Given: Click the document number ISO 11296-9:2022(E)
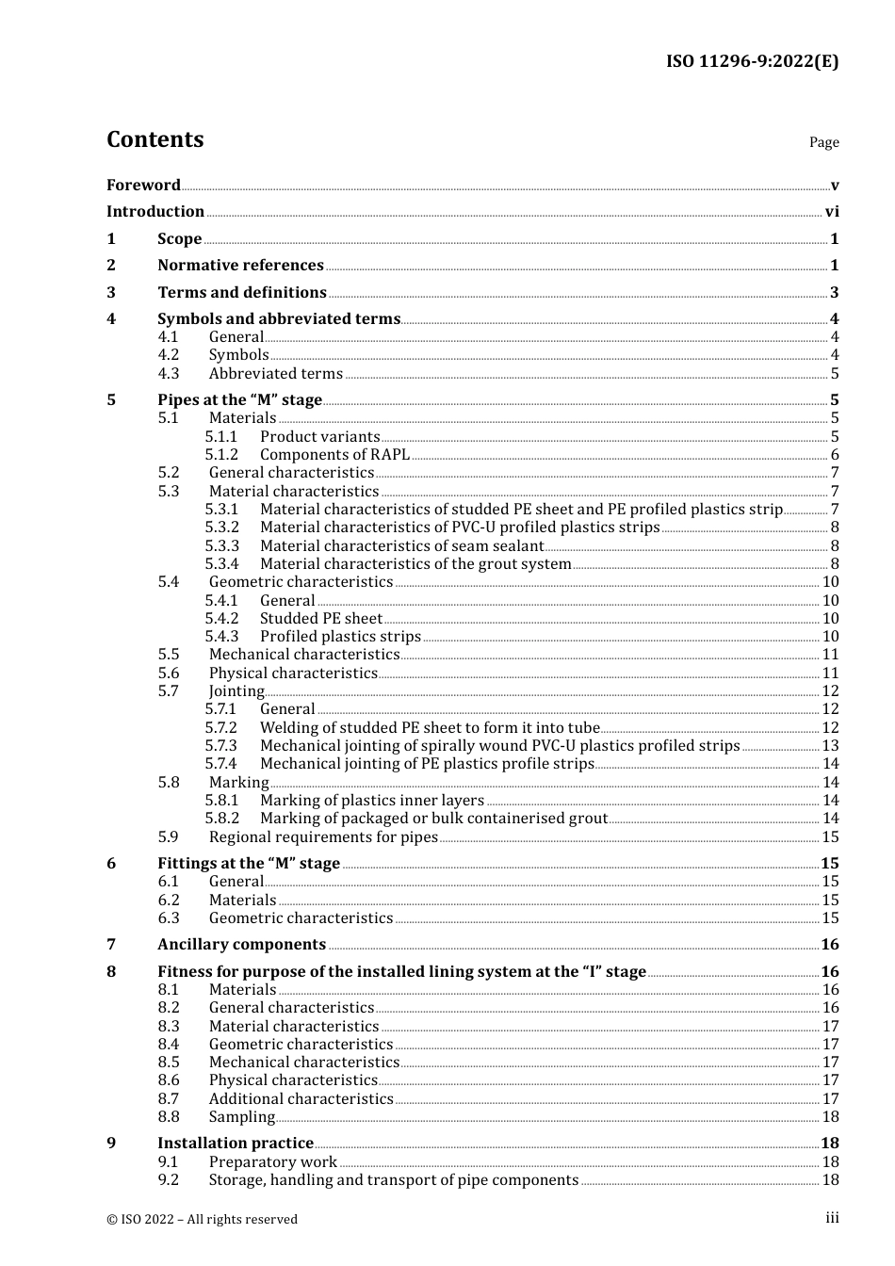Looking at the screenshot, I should pos(752,62).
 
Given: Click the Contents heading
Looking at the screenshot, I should pos(155,139).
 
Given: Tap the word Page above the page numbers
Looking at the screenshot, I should pos(823,142).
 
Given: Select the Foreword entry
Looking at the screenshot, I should pos(143,186).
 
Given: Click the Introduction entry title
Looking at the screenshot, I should pos(155,212).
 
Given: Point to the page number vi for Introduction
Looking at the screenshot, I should pos(832,212).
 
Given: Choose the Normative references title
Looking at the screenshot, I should pos(240,266).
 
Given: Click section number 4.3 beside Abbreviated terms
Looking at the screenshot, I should pos(168,374).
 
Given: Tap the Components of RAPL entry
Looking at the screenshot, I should pos(334,455).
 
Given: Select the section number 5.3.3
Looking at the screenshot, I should pos(222,546).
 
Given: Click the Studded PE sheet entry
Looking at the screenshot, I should pos(321,619).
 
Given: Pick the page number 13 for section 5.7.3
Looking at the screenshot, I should pos(830,746).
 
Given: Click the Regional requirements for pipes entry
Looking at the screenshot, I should pos(323,837).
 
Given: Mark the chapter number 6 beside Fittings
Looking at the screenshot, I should pos(111,864).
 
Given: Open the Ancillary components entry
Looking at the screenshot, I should pos(241,945).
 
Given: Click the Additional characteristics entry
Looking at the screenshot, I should pos(301,1099).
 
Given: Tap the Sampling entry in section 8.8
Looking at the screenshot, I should pos(242,1117).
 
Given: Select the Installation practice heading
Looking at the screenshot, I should pos(236,1144).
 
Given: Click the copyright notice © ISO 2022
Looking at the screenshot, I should pos(202,1220).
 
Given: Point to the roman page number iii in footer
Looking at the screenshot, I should pos(832,1219).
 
